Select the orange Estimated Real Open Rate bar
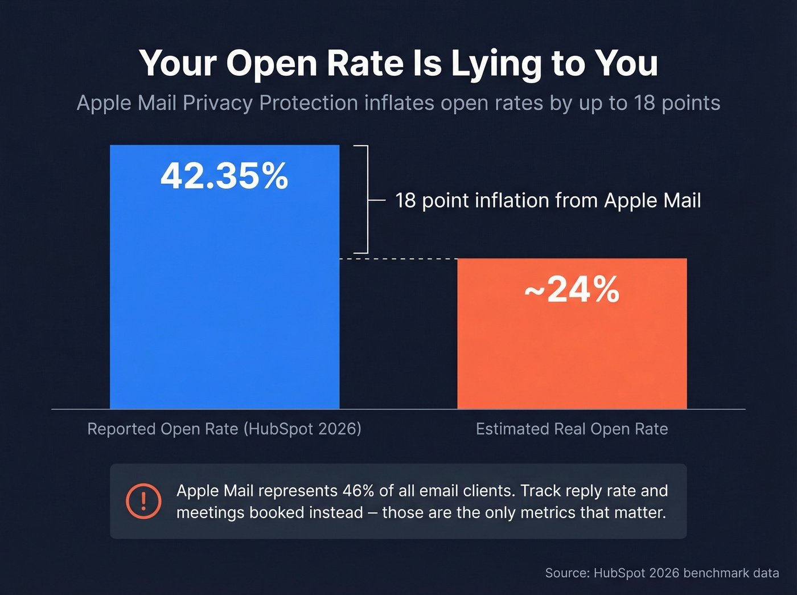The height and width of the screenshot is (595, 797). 572,353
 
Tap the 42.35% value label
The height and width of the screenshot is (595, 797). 224,176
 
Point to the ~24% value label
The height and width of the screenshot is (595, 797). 572,290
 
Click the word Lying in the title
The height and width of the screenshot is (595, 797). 496,64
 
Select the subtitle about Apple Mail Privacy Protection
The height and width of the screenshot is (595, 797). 398,103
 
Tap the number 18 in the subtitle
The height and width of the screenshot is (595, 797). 644,103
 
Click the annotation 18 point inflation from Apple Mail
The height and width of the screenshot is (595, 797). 548,200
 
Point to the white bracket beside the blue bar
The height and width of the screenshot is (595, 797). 367,199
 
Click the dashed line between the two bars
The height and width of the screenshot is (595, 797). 398,259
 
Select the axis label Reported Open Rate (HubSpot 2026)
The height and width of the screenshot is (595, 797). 224,429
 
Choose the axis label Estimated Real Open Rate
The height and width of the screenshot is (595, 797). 572,429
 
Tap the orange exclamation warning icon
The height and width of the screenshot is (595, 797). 143,501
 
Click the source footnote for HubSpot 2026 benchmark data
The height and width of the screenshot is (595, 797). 662,573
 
